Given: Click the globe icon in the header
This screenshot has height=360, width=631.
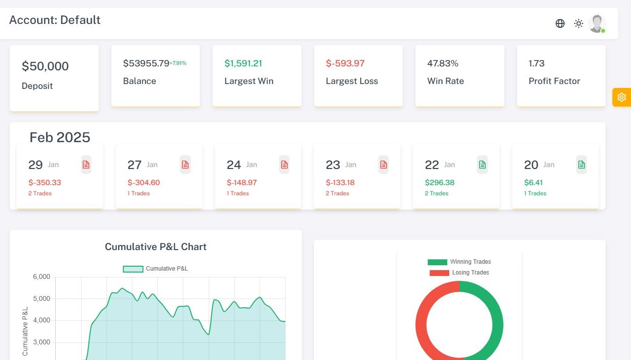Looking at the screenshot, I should [x=560, y=23].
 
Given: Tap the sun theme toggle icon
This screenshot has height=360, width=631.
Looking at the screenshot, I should [x=579, y=23].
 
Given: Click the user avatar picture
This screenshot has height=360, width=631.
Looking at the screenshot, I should [x=597, y=23].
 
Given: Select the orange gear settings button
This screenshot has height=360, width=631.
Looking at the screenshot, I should [x=621, y=97].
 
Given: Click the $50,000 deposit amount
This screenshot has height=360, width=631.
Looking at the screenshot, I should [x=45, y=66].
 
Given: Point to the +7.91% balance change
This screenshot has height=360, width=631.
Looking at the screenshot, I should [x=178, y=63].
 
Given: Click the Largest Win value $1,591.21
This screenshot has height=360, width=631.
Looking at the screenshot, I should [x=243, y=64].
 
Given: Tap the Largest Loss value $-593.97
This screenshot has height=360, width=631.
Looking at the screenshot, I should [x=345, y=64].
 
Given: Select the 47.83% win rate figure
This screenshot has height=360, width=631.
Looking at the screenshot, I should [x=443, y=64].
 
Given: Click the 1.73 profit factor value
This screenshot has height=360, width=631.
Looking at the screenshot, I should [x=536, y=64].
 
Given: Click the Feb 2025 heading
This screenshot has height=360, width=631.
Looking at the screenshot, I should [x=60, y=137].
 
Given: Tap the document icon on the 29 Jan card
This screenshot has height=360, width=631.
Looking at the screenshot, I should [x=86, y=165].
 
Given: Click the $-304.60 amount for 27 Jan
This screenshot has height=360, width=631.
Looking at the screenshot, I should [x=144, y=183].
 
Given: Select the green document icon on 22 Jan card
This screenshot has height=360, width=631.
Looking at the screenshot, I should [x=482, y=165].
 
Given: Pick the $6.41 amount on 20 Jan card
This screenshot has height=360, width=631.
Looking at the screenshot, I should [x=533, y=183].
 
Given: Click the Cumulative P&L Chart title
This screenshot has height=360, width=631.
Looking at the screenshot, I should [x=155, y=247].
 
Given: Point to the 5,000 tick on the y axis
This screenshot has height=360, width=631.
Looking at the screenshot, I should [x=42, y=298].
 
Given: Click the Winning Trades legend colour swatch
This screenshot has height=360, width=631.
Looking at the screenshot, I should [x=437, y=262].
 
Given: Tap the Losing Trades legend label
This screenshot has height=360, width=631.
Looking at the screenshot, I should [x=470, y=273].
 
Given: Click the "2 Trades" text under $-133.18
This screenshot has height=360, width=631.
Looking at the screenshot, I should [x=337, y=193].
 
